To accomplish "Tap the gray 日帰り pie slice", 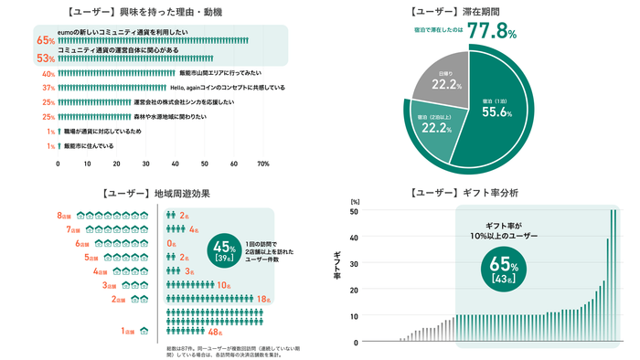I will click(x=443, y=83).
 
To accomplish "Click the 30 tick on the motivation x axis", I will click(x=146, y=164).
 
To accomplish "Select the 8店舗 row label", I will click(x=64, y=216).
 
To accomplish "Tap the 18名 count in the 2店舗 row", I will click(x=262, y=299).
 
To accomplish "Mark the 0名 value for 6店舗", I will click(x=172, y=244).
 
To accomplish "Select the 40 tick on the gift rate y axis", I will click(x=353, y=238).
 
